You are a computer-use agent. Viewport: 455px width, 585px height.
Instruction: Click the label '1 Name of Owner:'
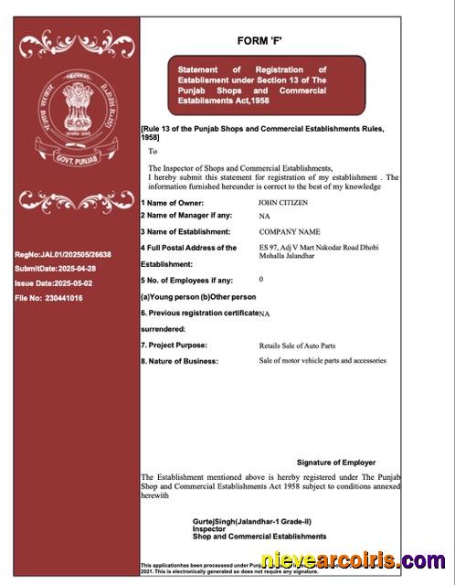(172, 203)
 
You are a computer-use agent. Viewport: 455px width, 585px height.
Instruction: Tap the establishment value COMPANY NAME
(290, 231)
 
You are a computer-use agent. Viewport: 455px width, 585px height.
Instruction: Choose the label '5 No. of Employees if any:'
(186, 280)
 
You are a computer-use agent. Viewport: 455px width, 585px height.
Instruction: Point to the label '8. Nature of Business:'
(179, 361)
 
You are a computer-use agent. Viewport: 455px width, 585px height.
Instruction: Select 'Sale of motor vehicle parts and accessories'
(323, 360)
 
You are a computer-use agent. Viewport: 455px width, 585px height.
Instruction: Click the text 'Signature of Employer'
(336, 463)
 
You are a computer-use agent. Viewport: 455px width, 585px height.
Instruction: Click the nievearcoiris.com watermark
(353, 560)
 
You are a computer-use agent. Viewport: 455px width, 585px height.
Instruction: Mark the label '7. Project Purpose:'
(174, 345)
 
